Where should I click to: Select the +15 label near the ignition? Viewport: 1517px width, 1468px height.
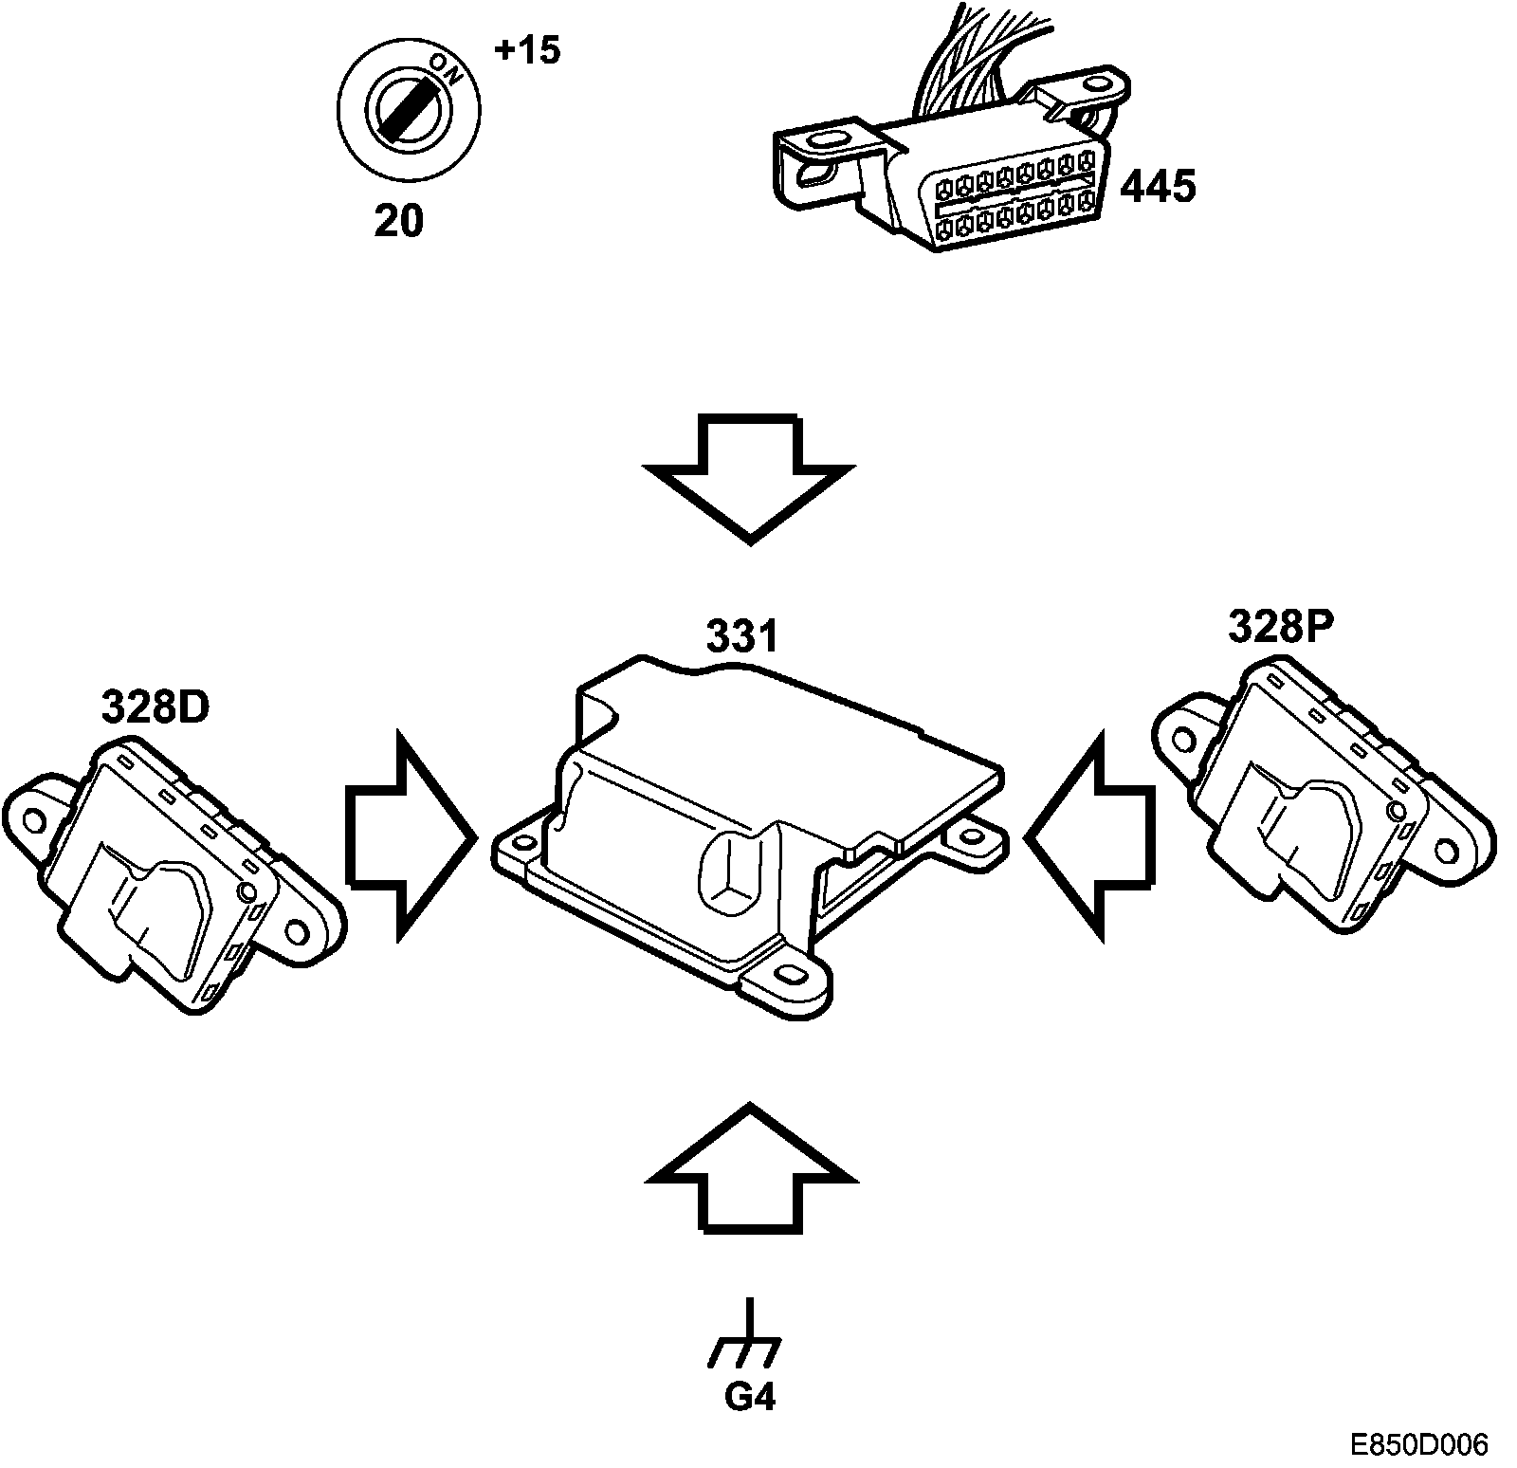point(527,50)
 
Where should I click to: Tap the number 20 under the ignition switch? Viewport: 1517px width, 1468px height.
point(398,221)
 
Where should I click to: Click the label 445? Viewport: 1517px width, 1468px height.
point(1157,187)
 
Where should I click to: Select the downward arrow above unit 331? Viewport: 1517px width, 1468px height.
point(749,474)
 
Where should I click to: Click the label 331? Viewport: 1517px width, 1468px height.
point(741,637)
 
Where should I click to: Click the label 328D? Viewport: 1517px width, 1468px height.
point(154,707)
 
